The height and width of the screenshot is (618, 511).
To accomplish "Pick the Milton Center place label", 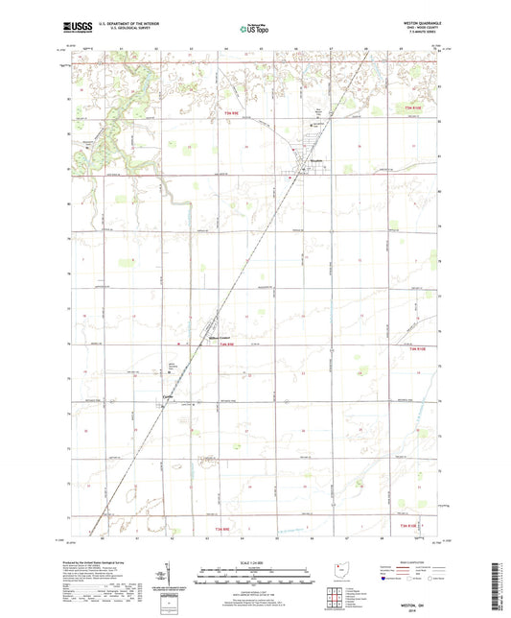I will pos(221,339).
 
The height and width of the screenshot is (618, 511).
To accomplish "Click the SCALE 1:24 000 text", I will pos(255,562).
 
